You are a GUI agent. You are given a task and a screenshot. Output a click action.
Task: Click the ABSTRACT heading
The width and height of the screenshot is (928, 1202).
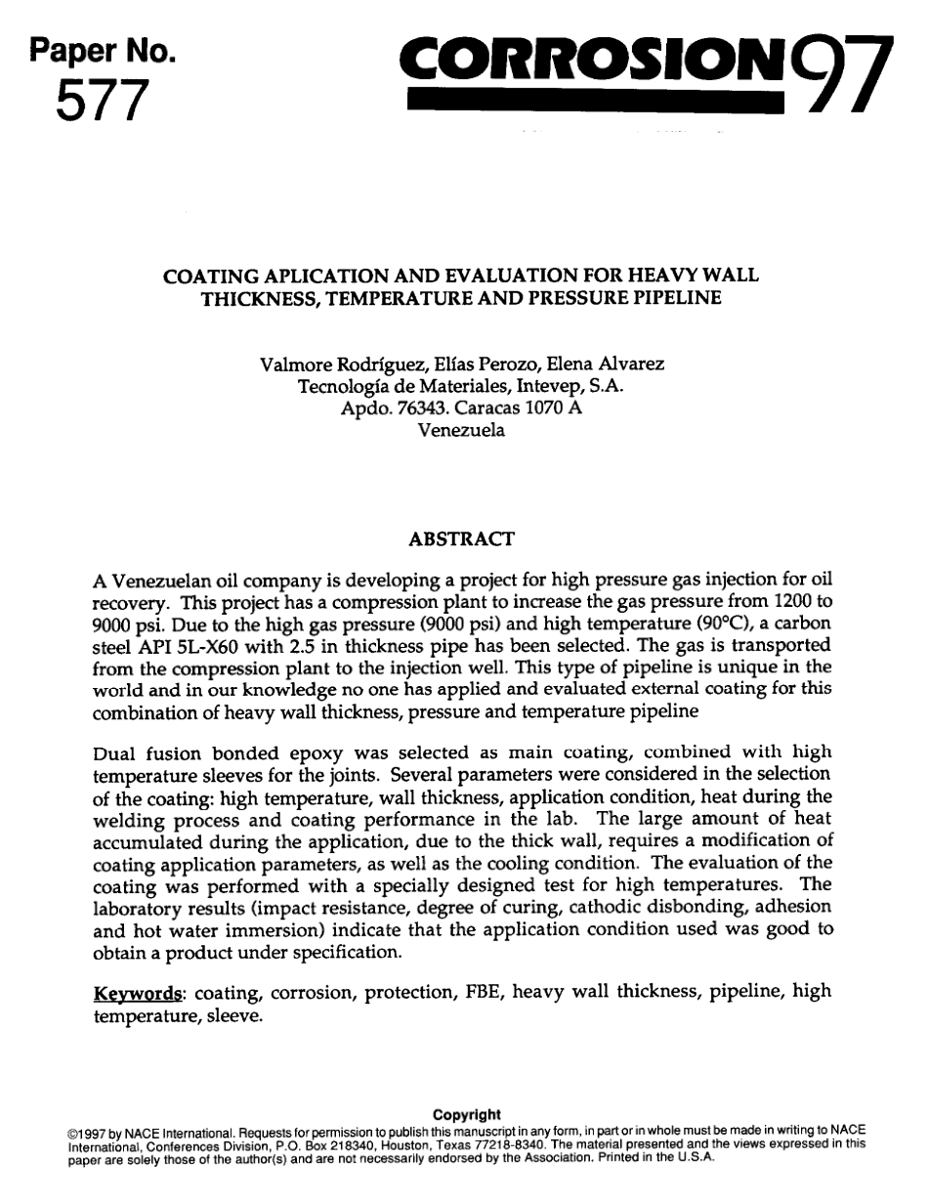461,538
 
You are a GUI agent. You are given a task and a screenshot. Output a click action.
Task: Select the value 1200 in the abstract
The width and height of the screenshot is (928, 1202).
787,598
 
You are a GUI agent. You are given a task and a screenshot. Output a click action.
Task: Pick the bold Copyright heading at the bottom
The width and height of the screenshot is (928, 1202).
466,1115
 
